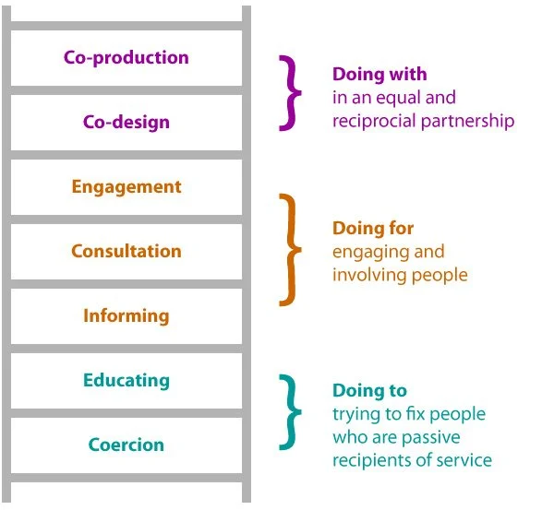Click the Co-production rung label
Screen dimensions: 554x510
[126, 57]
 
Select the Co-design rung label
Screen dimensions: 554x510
[126, 122]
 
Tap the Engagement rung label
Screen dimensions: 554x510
[126, 187]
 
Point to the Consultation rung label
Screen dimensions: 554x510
[126, 251]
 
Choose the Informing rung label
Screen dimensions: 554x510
[126, 315]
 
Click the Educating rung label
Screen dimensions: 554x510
[126, 380]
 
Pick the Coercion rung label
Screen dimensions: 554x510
[126, 445]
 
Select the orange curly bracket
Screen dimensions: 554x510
[292, 249]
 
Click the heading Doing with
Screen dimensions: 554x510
[379, 75]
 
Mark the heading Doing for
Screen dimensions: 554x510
[373, 228]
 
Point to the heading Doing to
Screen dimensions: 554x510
[369, 391]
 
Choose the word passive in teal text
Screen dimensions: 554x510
[430, 436]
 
